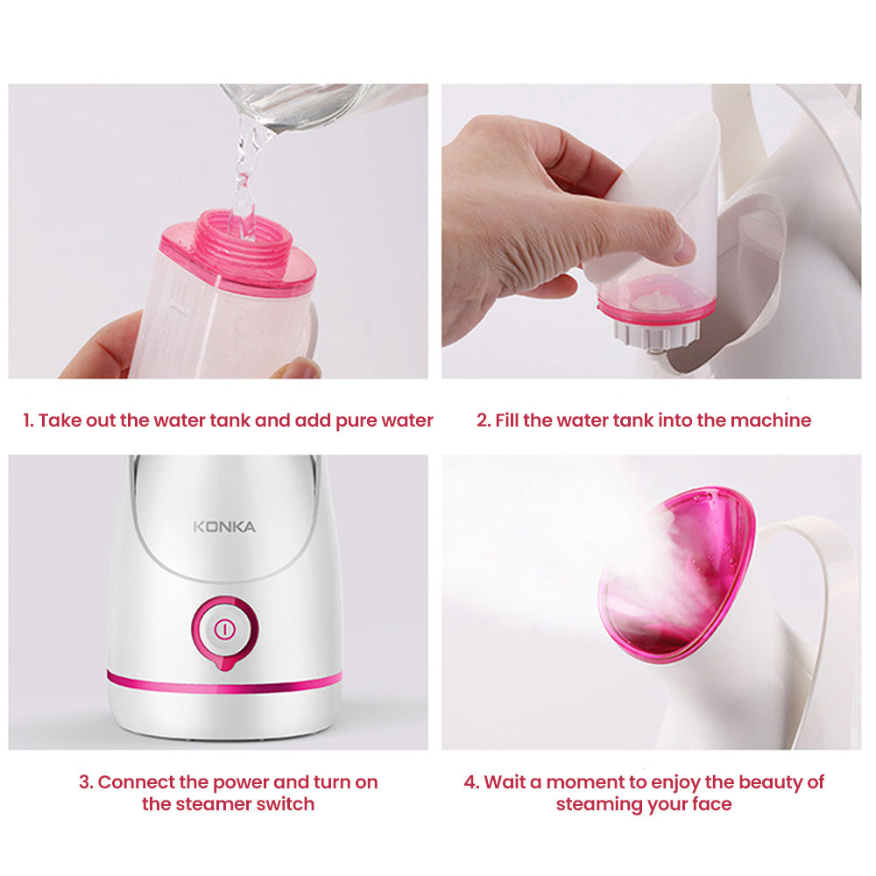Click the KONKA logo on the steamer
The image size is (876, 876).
[224, 526]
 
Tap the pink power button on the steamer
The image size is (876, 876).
[225, 628]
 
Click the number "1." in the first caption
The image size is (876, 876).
[29, 420]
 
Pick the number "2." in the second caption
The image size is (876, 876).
[484, 420]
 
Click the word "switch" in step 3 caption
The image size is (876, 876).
[286, 804]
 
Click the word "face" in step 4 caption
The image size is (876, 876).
[710, 804]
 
